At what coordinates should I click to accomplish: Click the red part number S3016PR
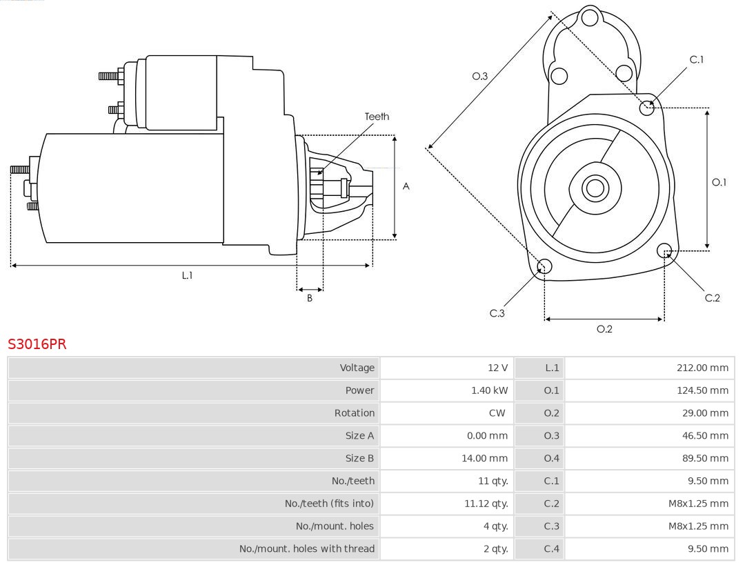[37, 344]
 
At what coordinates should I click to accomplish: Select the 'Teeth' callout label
[377, 117]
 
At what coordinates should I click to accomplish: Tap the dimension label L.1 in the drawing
[187, 275]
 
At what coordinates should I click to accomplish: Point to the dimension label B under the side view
[310, 299]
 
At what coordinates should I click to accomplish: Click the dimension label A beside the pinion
[406, 186]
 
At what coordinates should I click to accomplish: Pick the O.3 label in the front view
[479, 77]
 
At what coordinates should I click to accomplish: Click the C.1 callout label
[697, 59]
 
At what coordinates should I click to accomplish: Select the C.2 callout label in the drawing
[712, 298]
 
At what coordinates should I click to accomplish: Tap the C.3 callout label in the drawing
[497, 313]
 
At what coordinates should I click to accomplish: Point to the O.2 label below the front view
[604, 329]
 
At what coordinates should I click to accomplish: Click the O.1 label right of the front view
[719, 182]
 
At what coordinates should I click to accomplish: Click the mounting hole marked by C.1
[647, 107]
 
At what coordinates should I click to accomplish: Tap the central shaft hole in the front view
[594, 188]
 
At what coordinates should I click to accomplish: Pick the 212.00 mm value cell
[702, 368]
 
